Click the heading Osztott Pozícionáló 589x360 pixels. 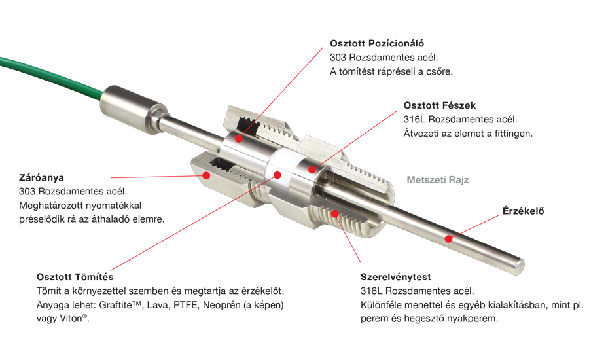(377, 44)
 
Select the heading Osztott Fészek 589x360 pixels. (440, 105)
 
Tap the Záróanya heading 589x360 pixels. (41, 178)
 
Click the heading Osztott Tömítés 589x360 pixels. (75, 277)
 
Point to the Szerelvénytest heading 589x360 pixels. (395, 278)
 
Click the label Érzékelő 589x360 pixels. (523, 211)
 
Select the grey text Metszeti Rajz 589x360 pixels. (438, 180)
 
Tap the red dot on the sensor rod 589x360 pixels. (448, 239)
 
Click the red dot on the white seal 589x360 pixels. (277, 175)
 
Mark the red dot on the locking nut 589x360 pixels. (206, 175)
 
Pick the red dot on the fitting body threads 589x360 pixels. (334, 214)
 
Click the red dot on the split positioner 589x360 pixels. (238, 139)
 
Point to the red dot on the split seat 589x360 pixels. (312, 170)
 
